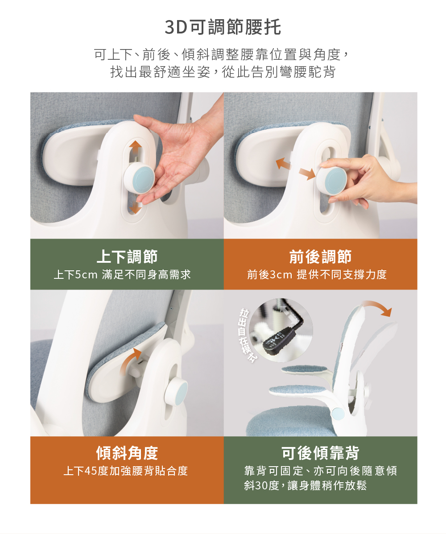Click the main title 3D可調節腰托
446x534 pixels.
point(223,27)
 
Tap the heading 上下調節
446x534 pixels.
point(127,257)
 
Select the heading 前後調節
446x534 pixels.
point(320,257)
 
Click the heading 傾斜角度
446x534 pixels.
point(127,453)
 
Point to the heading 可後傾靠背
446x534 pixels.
point(320,453)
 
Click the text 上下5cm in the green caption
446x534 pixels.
point(75,274)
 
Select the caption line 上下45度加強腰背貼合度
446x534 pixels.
point(126,471)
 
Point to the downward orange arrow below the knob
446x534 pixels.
point(136,207)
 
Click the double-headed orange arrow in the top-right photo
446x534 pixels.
point(295,169)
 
